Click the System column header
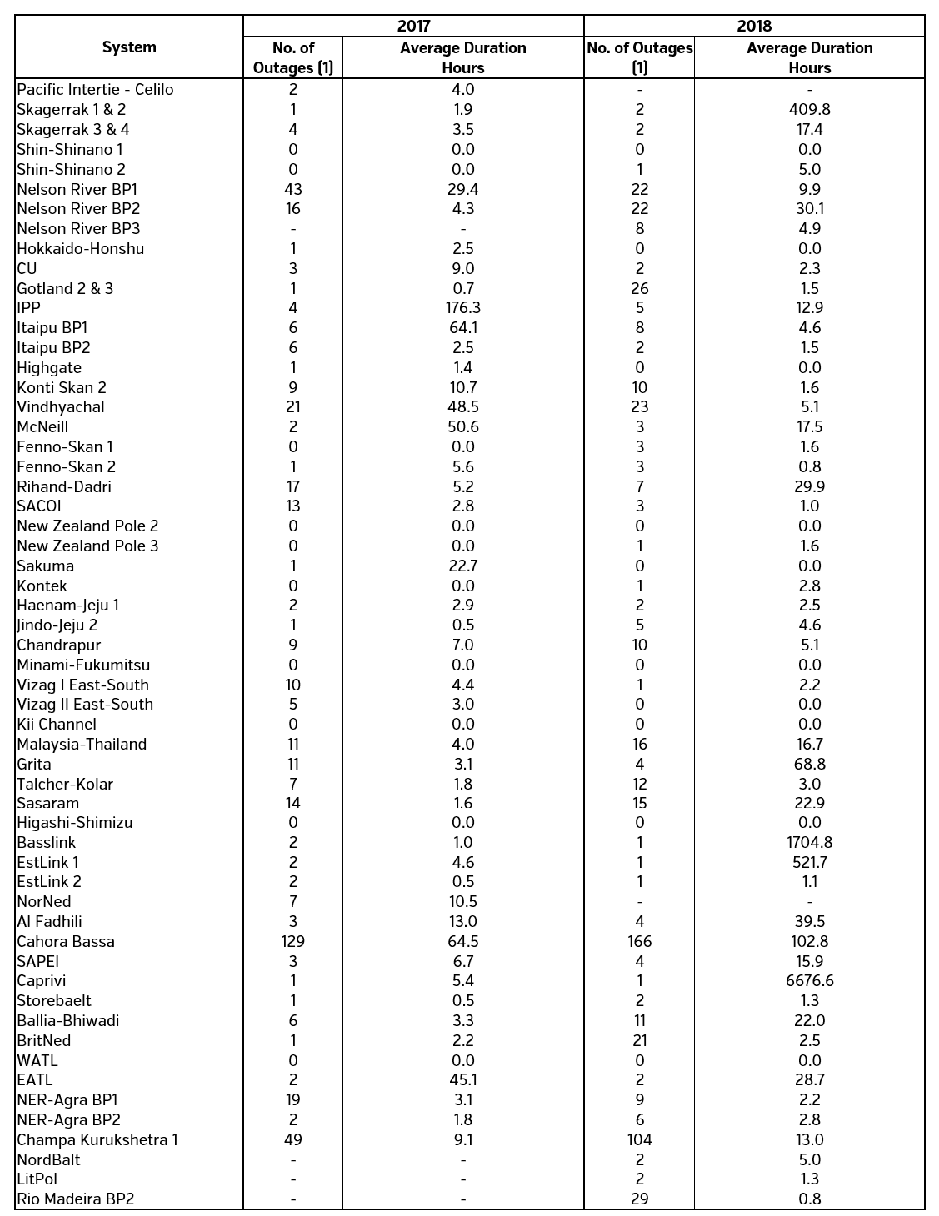pyautogui.click(x=129, y=47)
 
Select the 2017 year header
pyautogui.click(x=413, y=27)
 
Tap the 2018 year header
pyautogui.click(x=754, y=27)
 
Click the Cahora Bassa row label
pyautogui.click(x=66, y=941)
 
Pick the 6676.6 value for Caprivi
pyautogui.click(x=809, y=980)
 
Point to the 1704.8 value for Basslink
pyautogui.click(x=809, y=842)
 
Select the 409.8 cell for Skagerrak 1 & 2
pyautogui.click(x=809, y=109)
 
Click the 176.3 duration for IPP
pyautogui.click(x=462, y=307)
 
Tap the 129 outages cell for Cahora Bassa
pyautogui.click(x=293, y=941)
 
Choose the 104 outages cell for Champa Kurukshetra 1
pyautogui.click(x=639, y=1139)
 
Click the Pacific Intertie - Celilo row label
pyautogui.click(x=95, y=89)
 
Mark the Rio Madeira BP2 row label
pyautogui.click(x=76, y=1199)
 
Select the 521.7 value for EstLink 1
pyautogui.click(x=809, y=862)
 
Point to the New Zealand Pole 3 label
pyautogui.click(x=87, y=546)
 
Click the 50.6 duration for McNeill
pyautogui.click(x=462, y=426)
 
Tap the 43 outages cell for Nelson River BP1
pyautogui.click(x=293, y=189)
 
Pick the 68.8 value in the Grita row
pyautogui.click(x=809, y=764)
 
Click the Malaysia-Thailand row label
pyautogui.click(x=82, y=744)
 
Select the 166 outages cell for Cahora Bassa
pyautogui.click(x=639, y=941)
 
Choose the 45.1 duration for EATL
pyautogui.click(x=462, y=1079)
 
